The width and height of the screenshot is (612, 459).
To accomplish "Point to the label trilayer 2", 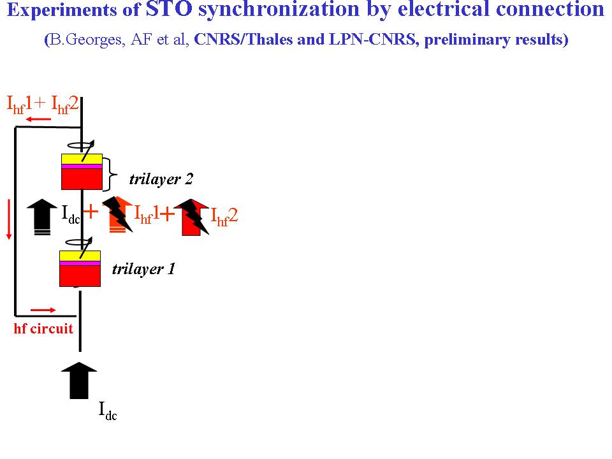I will [x=161, y=179].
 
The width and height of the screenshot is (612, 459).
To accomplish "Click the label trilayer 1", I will [x=143, y=268].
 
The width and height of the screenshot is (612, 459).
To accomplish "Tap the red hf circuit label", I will [x=43, y=329].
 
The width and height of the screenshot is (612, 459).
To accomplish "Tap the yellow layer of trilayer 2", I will [x=82, y=159].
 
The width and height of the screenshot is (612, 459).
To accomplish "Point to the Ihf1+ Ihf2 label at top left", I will [x=42, y=103].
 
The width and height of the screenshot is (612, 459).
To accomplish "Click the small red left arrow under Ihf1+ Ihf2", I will [x=39, y=119].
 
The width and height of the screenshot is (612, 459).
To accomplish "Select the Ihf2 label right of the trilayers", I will [x=224, y=215].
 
